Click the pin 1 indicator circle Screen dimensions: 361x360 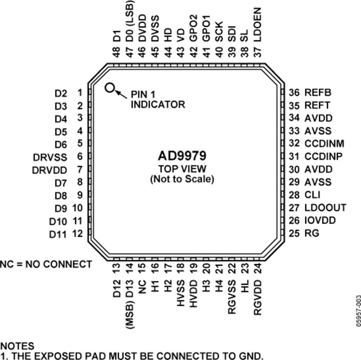tap(110, 87)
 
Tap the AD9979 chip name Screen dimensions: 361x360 tap(182, 156)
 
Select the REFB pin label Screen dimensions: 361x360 tap(318, 92)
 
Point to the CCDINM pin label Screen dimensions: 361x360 tap(324, 144)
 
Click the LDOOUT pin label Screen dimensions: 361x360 tap(325, 207)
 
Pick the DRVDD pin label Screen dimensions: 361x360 tap(49, 171)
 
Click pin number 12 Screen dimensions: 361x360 tap(77, 234)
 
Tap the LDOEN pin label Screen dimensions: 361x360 tap(258, 24)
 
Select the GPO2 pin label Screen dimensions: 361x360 tap(194, 28)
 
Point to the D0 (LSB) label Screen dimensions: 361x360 tap(130, 21)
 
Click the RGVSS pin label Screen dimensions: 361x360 tap(232, 297)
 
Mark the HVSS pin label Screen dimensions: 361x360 tap(181, 293)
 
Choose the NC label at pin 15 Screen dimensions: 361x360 tap(142, 287)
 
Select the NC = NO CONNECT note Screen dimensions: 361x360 tap(46, 264)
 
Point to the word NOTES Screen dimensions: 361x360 tap(17, 346)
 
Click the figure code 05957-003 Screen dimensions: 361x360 tap(359, 311)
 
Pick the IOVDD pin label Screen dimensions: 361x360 tap(320, 220)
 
